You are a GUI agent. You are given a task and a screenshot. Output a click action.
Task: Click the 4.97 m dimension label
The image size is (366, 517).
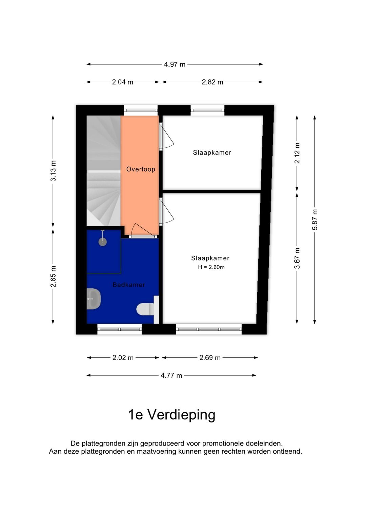(x=175, y=64)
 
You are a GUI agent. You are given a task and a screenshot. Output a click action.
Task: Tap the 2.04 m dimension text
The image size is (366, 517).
(x=123, y=82)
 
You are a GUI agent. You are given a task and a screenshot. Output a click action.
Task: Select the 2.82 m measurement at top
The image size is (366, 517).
(x=212, y=82)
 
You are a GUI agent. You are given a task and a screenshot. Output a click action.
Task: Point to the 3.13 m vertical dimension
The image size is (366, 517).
(x=53, y=171)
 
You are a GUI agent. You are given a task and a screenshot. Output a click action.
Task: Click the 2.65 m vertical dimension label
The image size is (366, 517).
(x=53, y=276)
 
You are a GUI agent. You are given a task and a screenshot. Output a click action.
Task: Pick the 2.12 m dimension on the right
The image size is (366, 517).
(x=297, y=153)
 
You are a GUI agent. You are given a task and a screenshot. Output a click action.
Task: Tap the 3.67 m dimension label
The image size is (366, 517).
(x=297, y=258)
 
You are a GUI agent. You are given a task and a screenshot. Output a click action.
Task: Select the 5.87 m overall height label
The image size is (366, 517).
(x=315, y=220)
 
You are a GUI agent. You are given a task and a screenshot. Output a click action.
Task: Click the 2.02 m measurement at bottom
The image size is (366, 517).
(x=123, y=358)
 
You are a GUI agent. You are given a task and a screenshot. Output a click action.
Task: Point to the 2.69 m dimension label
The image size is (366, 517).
(x=210, y=358)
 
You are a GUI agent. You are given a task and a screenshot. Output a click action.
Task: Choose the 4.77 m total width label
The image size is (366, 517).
(x=171, y=375)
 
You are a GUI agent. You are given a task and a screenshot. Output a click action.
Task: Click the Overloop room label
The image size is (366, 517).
(x=141, y=169)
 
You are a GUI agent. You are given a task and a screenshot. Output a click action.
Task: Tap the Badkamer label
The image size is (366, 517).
(x=129, y=285)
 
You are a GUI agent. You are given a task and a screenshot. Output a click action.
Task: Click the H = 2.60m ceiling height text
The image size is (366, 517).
(x=211, y=267)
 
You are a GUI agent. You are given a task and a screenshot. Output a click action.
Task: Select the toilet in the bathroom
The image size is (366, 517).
(x=145, y=309)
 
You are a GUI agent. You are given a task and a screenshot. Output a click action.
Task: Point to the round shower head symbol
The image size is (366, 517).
(x=102, y=242)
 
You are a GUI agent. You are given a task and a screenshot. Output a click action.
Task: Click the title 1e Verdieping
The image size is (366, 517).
(x=171, y=415)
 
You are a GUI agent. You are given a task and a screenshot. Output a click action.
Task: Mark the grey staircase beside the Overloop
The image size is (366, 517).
(x=103, y=171)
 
